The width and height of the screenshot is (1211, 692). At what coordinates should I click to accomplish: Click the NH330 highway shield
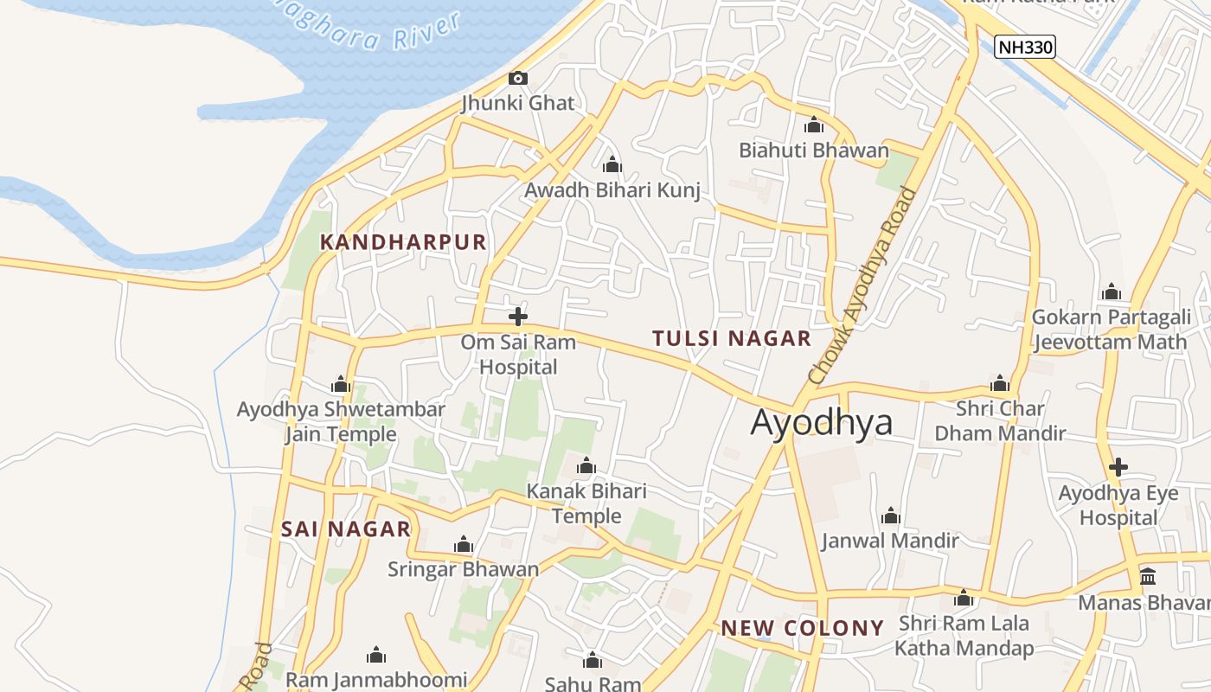point(1025,47)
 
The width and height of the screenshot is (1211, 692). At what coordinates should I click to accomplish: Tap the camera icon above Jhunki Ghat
point(517,79)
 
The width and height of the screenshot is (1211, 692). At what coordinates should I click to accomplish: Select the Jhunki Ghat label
point(517,103)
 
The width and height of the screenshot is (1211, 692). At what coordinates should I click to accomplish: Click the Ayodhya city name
point(821,422)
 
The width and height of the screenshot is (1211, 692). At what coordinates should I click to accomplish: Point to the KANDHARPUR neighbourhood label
point(403,242)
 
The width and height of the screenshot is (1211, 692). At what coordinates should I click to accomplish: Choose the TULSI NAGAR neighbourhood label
point(732,338)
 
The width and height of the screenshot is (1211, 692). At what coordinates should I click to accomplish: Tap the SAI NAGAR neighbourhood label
point(346,529)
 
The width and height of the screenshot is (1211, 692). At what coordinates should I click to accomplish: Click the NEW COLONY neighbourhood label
point(803,628)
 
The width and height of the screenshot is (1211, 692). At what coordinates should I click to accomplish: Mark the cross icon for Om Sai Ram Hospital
point(518,317)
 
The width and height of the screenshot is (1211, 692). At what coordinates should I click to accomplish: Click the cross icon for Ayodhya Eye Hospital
point(1118,468)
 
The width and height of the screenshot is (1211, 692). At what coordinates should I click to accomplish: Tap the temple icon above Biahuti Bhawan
point(813,125)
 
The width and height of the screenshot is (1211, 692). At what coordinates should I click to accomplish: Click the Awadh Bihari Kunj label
point(612,190)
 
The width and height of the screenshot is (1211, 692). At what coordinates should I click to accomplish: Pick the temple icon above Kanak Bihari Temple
point(586,467)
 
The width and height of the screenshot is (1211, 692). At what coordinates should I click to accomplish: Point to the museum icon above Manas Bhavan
point(1148,576)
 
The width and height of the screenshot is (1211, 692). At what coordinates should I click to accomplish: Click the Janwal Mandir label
point(890,541)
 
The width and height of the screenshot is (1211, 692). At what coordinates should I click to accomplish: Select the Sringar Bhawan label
point(463,569)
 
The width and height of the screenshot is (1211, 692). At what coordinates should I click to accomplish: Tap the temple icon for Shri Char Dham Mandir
point(1000,384)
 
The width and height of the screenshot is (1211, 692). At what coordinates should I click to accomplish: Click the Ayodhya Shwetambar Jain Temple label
point(341,421)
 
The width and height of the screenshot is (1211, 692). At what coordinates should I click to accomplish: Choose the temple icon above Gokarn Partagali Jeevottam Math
point(1112,292)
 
